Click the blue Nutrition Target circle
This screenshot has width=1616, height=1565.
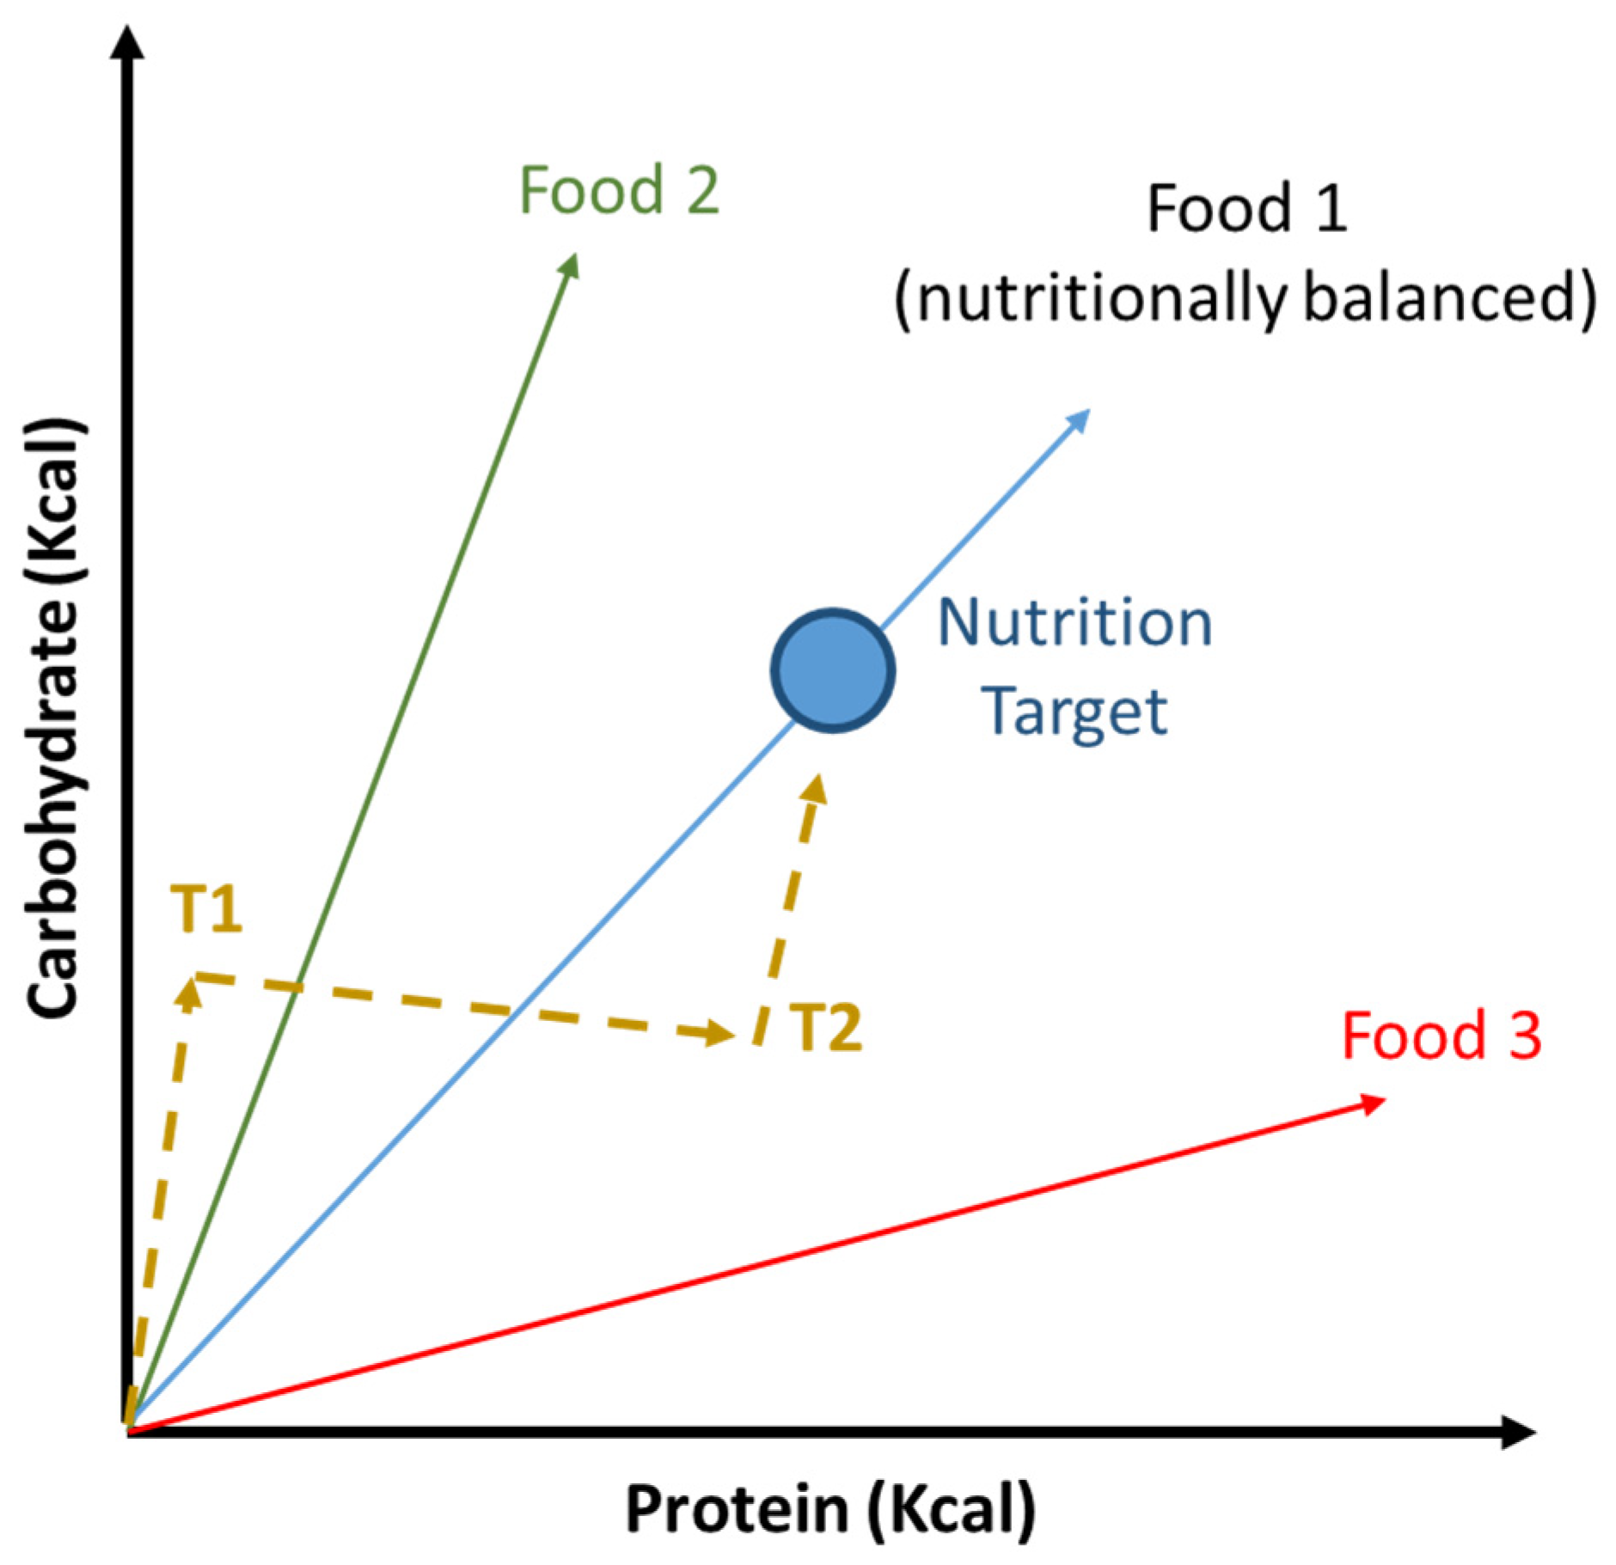832,670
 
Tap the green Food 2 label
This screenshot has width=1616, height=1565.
619,190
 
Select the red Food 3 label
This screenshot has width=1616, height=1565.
1442,1036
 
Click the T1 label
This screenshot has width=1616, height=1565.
206,908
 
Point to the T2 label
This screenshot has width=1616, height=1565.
825,1028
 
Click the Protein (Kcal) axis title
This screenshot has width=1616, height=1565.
830,1509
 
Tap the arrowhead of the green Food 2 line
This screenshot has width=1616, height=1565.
570,266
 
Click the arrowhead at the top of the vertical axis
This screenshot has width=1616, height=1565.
128,43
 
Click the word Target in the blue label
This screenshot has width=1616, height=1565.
1074,712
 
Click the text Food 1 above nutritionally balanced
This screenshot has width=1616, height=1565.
1246,209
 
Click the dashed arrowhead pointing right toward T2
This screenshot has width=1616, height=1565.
719,1032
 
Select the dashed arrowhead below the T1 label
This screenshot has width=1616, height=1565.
188,995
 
